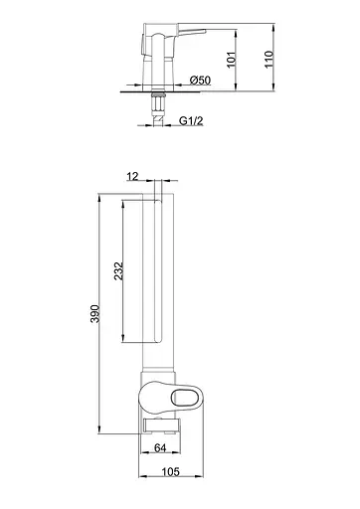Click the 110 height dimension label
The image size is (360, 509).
(x=269, y=60)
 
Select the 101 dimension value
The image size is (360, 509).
(x=231, y=60)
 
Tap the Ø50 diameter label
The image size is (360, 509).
(x=200, y=81)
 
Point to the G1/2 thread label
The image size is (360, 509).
(x=191, y=120)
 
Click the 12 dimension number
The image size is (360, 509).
(x=132, y=177)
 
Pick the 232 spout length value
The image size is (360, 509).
(x=118, y=271)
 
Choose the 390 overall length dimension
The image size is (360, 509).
(x=95, y=313)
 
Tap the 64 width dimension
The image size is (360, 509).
(x=160, y=447)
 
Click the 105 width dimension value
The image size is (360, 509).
(x=170, y=471)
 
